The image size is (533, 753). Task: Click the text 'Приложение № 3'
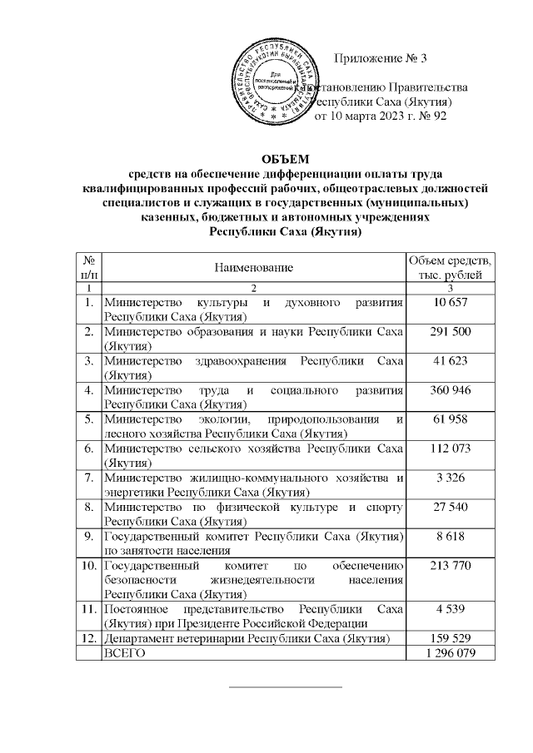[x=380, y=58]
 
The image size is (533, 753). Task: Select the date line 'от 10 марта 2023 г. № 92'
[x=380, y=116]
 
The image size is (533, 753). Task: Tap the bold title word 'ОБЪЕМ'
[x=285, y=158]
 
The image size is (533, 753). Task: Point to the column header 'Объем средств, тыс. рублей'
[x=451, y=267]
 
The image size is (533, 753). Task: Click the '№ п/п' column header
[x=88, y=267]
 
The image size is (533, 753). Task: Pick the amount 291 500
[x=451, y=331]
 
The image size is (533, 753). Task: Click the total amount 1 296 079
[x=451, y=654]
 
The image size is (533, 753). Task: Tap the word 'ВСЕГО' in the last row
[x=123, y=654]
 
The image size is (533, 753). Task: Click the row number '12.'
[x=88, y=639]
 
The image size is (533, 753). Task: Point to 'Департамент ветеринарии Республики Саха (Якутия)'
[x=247, y=639]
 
